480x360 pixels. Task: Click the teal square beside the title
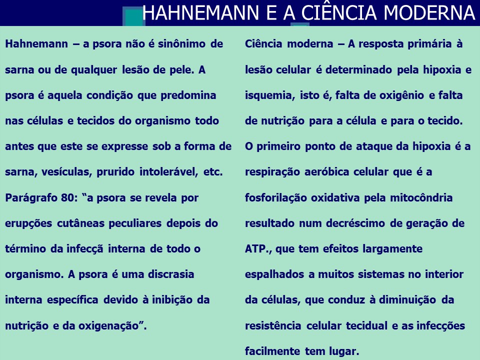[x=133, y=17]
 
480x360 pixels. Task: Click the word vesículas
[x=66, y=172]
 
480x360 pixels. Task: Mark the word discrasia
[x=170, y=274]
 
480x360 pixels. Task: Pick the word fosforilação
[x=276, y=197]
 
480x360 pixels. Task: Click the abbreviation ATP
[x=257, y=249]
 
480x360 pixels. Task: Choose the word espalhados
[x=271, y=274]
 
